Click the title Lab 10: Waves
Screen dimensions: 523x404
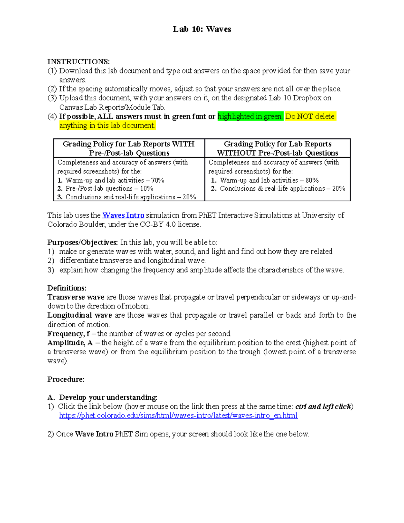202,29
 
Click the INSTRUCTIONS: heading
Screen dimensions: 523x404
78,62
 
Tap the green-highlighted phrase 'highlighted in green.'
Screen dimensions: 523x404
250,117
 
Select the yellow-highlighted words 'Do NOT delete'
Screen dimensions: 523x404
310,117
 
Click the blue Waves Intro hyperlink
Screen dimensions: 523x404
123,215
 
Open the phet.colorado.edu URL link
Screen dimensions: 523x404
178,416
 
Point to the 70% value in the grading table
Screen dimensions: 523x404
158,181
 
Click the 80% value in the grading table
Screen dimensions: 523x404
312,181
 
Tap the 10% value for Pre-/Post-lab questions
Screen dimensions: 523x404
147,189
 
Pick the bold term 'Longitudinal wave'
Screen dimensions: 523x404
79,315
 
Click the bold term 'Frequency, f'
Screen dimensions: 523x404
68,334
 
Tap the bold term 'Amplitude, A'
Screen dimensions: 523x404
70,343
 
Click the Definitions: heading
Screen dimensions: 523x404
67,288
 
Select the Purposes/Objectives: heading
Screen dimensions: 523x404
82,242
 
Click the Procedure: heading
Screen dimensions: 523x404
66,379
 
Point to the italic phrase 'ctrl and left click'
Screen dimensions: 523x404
323,406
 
